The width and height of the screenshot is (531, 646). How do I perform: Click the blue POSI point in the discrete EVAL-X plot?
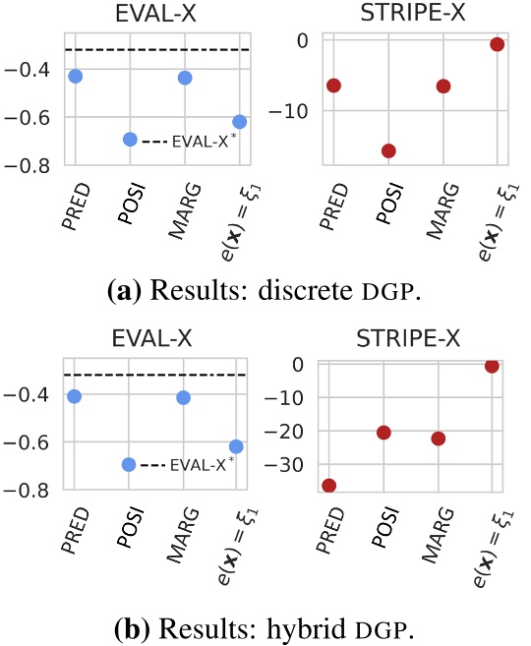(x=130, y=139)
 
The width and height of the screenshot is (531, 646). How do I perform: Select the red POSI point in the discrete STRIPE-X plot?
(x=388, y=150)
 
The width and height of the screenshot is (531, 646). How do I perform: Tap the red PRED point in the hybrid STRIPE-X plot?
(x=329, y=485)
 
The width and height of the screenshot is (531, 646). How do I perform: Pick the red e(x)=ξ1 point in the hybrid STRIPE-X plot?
(x=493, y=366)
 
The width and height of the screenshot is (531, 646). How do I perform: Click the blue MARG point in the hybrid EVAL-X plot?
(x=184, y=397)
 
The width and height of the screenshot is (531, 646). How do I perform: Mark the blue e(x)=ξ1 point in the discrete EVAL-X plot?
(x=239, y=121)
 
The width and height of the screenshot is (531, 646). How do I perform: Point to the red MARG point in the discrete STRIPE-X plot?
(x=443, y=86)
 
